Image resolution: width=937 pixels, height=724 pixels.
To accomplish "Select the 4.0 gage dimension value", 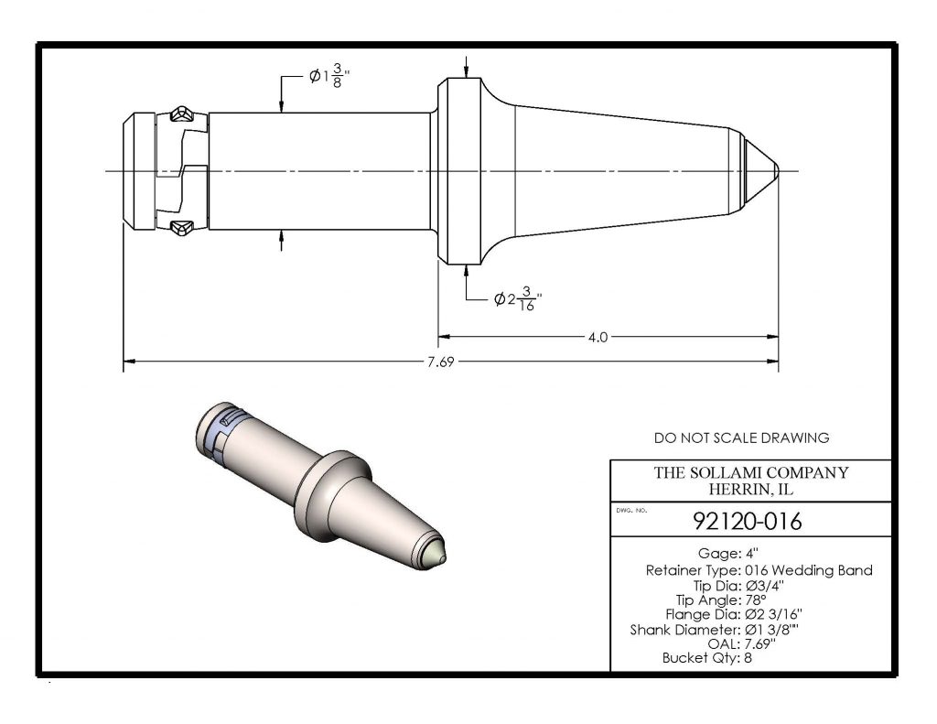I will tap(598, 337).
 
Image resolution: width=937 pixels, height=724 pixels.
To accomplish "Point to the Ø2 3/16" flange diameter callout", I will tap(518, 299).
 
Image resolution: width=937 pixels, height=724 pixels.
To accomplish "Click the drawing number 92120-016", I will tap(749, 522).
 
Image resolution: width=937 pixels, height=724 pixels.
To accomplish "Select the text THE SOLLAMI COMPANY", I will tap(750, 473).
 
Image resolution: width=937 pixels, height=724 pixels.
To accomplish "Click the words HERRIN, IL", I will tap(750, 489).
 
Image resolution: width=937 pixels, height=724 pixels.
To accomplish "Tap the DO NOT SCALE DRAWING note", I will tap(742, 438).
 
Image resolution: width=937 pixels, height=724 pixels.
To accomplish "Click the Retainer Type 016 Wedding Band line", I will tap(759, 570).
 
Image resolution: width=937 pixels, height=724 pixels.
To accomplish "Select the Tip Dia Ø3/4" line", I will tap(732, 585).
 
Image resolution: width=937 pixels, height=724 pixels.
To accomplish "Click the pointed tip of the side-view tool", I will tap(775, 171).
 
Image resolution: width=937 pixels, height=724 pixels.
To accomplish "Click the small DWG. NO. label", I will tap(632, 510).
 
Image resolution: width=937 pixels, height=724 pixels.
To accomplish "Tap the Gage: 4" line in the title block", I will tap(731, 555).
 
